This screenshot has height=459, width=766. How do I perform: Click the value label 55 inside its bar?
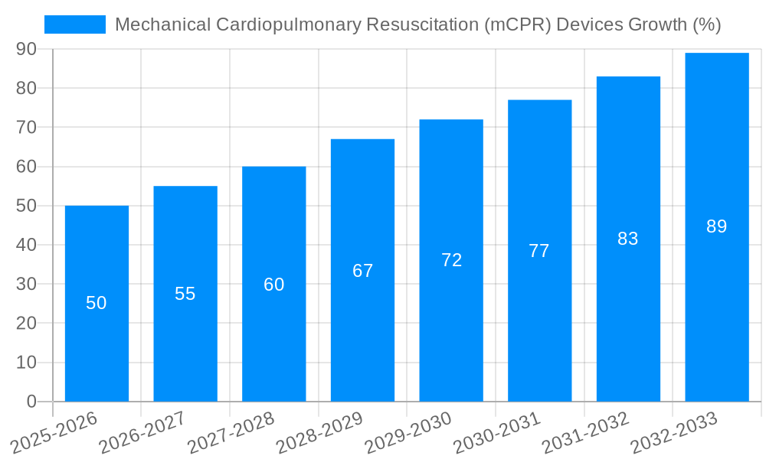[x=185, y=294]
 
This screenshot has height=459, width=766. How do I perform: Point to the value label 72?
[x=452, y=260]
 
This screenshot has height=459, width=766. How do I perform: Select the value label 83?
[x=628, y=239]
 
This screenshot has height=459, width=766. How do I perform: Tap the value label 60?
[x=274, y=285]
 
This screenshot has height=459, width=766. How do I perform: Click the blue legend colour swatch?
[x=75, y=24]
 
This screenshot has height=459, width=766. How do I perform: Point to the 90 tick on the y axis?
[x=27, y=49]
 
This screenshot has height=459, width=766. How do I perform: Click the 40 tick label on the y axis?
[x=27, y=245]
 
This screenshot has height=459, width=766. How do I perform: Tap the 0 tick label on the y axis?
[x=31, y=401]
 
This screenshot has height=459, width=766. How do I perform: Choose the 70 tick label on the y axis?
[x=27, y=127]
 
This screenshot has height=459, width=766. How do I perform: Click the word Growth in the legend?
[x=657, y=24]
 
